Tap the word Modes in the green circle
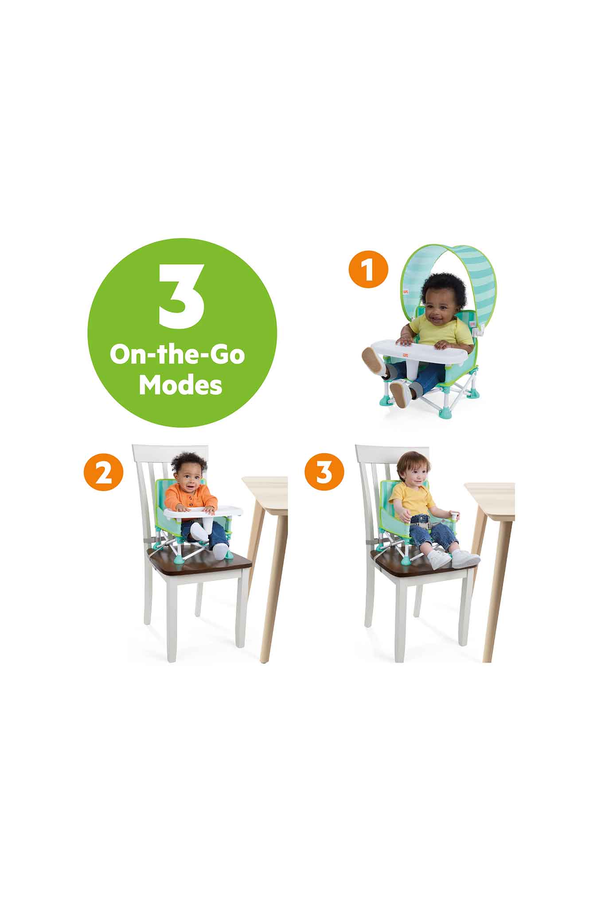(x=180, y=385)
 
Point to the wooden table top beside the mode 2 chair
(x=265, y=486)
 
